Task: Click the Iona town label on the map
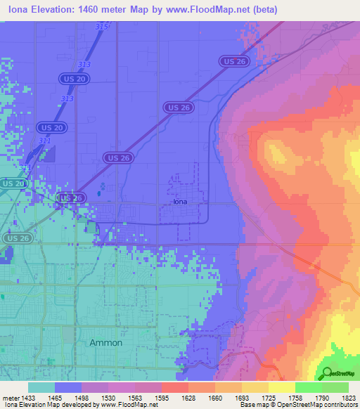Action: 181,202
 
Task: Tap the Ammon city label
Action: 106,342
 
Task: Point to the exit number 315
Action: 102,27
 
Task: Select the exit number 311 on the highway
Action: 44,141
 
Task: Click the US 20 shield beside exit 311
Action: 51,127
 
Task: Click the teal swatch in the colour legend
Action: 41,387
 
